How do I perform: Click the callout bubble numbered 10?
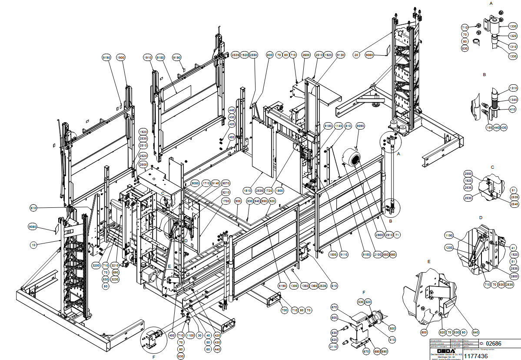click(x=33, y=245)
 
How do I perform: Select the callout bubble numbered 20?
click(x=356, y=55)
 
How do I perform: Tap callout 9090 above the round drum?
click(x=360, y=126)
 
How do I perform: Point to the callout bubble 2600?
click(x=306, y=55)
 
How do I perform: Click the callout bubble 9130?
click(x=340, y=55)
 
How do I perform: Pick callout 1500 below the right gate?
click(x=333, y=254)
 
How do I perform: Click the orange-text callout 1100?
click(x=189, y=336)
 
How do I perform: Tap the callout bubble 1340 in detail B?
click(x=513, y=99)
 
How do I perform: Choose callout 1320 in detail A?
click(x=513, y=37)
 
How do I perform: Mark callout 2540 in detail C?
click(x=514, y=204)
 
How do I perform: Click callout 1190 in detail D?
click(x=449, y=235)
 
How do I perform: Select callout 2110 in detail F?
click(x=333, y=347)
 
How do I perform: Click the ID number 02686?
click(x=493, y=343)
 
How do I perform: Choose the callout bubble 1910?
click(x=148, y=57)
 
